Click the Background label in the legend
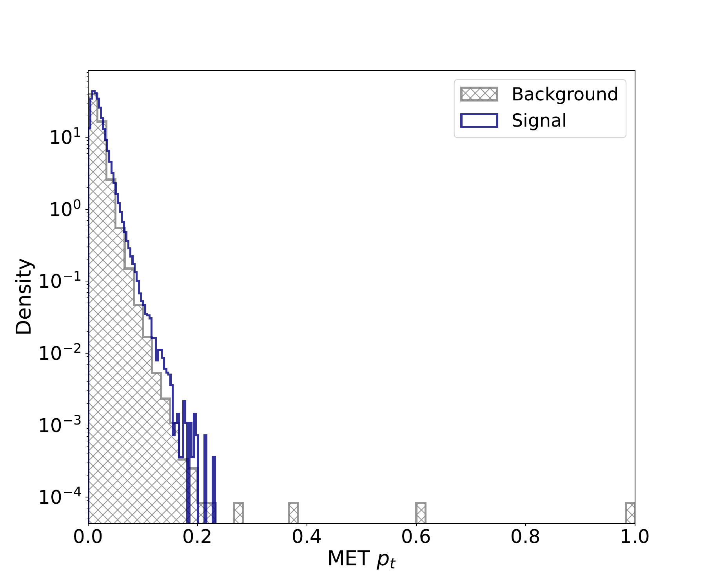(564, 94)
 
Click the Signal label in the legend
(539, 120)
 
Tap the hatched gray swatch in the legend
(479, 94)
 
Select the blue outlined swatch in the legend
(479, 120)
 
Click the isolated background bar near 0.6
(421, 513)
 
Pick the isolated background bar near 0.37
(293, 513)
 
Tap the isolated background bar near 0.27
(238, 513)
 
